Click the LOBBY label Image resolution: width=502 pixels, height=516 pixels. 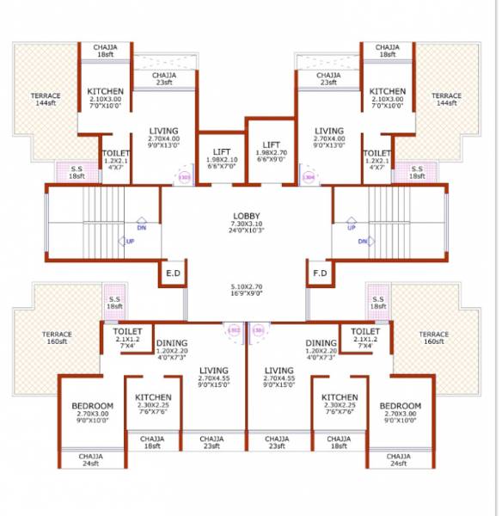pyautogui.click(x=246, y=216)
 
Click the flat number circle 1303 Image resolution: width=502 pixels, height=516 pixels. pyautogui.click(x=184, y=179)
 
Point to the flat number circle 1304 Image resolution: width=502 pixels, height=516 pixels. pyautogui.click(x=309, y=179)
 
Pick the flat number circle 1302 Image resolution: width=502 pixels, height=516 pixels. pyautogui.click(x=233, y=329)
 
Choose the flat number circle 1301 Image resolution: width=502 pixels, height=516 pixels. pyautogui.click(x=258, y=329)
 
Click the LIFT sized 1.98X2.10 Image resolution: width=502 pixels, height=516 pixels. pyautogui.click(x=221, y=152)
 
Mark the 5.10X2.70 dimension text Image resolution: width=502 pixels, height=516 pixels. pyautogui.click(x=246, y=286)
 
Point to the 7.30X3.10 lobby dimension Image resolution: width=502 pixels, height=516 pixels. pyautogui.click(x=246, y=224)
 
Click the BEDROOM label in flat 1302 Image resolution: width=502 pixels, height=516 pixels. pyautogui.click(x=92, y=406)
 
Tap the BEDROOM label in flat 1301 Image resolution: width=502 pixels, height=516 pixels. pyautogui.click(x=401, y=406)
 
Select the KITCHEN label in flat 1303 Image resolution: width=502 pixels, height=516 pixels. pyautogui.click(x=106, y=92)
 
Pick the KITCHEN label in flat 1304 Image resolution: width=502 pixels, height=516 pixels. pyautogui.click(x=388, y=92)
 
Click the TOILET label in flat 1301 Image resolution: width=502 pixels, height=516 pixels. pyautogui.click(x=365, y=331)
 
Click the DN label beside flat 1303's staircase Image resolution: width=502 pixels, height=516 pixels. pyautogui.click(x=141, y=228)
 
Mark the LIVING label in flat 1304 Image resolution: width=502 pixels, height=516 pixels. pyautogui.click(x=328, y=132)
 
